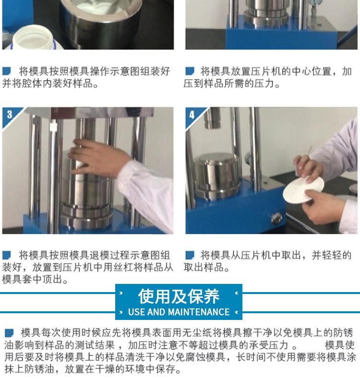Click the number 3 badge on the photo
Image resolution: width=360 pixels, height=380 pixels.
point(10,115)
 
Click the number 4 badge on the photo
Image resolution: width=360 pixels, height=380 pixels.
point(192,115)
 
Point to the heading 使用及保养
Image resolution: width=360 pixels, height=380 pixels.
point(179,296)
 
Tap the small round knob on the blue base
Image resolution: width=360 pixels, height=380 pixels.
point(276,218)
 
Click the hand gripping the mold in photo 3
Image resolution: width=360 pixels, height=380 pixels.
point(97,158)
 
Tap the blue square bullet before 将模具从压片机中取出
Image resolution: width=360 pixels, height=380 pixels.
point(190,255)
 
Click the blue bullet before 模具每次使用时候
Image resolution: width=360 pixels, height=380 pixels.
point(9,332)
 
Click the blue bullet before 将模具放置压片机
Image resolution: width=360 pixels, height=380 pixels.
point(190,71)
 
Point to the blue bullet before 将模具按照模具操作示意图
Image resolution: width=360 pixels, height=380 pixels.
point(7,71)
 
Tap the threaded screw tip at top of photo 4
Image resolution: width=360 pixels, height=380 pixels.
point(212,118)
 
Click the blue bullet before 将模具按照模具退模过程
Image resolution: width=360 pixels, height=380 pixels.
point(7,255)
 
